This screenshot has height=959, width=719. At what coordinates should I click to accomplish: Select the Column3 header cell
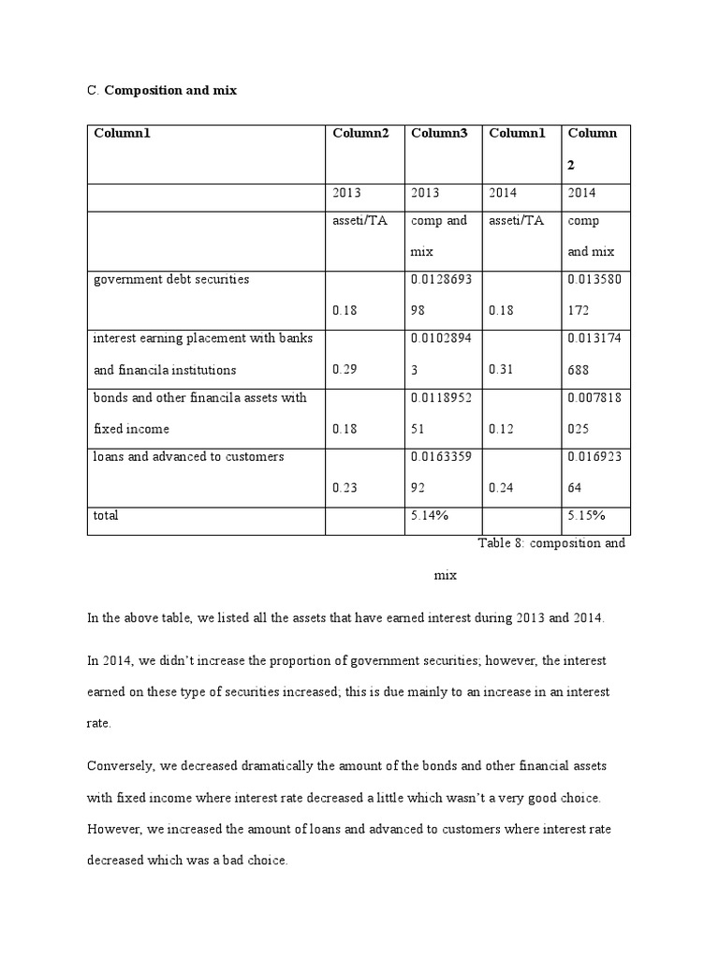(x=438, y=133)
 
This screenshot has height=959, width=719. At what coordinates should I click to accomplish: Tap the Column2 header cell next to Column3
(x=359, y=133)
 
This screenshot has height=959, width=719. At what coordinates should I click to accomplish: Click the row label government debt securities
(x=170, y=280)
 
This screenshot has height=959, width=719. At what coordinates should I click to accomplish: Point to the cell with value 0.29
(x=345, y=370)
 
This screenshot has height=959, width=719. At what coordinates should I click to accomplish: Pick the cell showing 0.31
(x=501, y=370)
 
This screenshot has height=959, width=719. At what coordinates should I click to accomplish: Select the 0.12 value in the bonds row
(x=501, y=429)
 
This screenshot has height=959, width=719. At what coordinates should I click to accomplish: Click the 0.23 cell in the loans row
(x=345, y=487)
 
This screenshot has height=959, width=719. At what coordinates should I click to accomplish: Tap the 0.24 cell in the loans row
(x=501, y=487)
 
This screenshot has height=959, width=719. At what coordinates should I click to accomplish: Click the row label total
(x=106, y=516)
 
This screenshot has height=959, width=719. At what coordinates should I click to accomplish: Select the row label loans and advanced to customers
(x=187, y=457)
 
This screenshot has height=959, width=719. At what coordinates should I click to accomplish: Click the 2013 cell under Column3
(x=425, y=192)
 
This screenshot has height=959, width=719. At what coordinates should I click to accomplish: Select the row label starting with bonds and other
(x=199, y=398)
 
